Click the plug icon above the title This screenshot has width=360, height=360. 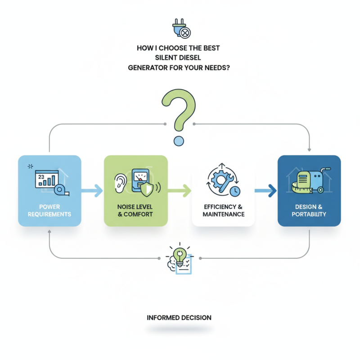coord(181,28)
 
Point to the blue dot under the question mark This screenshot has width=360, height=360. coord(179,141)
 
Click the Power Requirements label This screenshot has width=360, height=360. coord(49,210)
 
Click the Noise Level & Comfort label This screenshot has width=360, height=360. coord(135,210)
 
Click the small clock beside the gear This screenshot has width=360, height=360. coord(234,191)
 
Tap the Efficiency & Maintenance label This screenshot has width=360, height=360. coord(224,210)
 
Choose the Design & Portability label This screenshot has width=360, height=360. coord(309,210)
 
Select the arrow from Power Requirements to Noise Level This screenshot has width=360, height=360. coord(92,191)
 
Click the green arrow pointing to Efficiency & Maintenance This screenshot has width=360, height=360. coord(180,191)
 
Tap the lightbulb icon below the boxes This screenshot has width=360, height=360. coord(180,257)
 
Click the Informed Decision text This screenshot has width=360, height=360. coord(179,318)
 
